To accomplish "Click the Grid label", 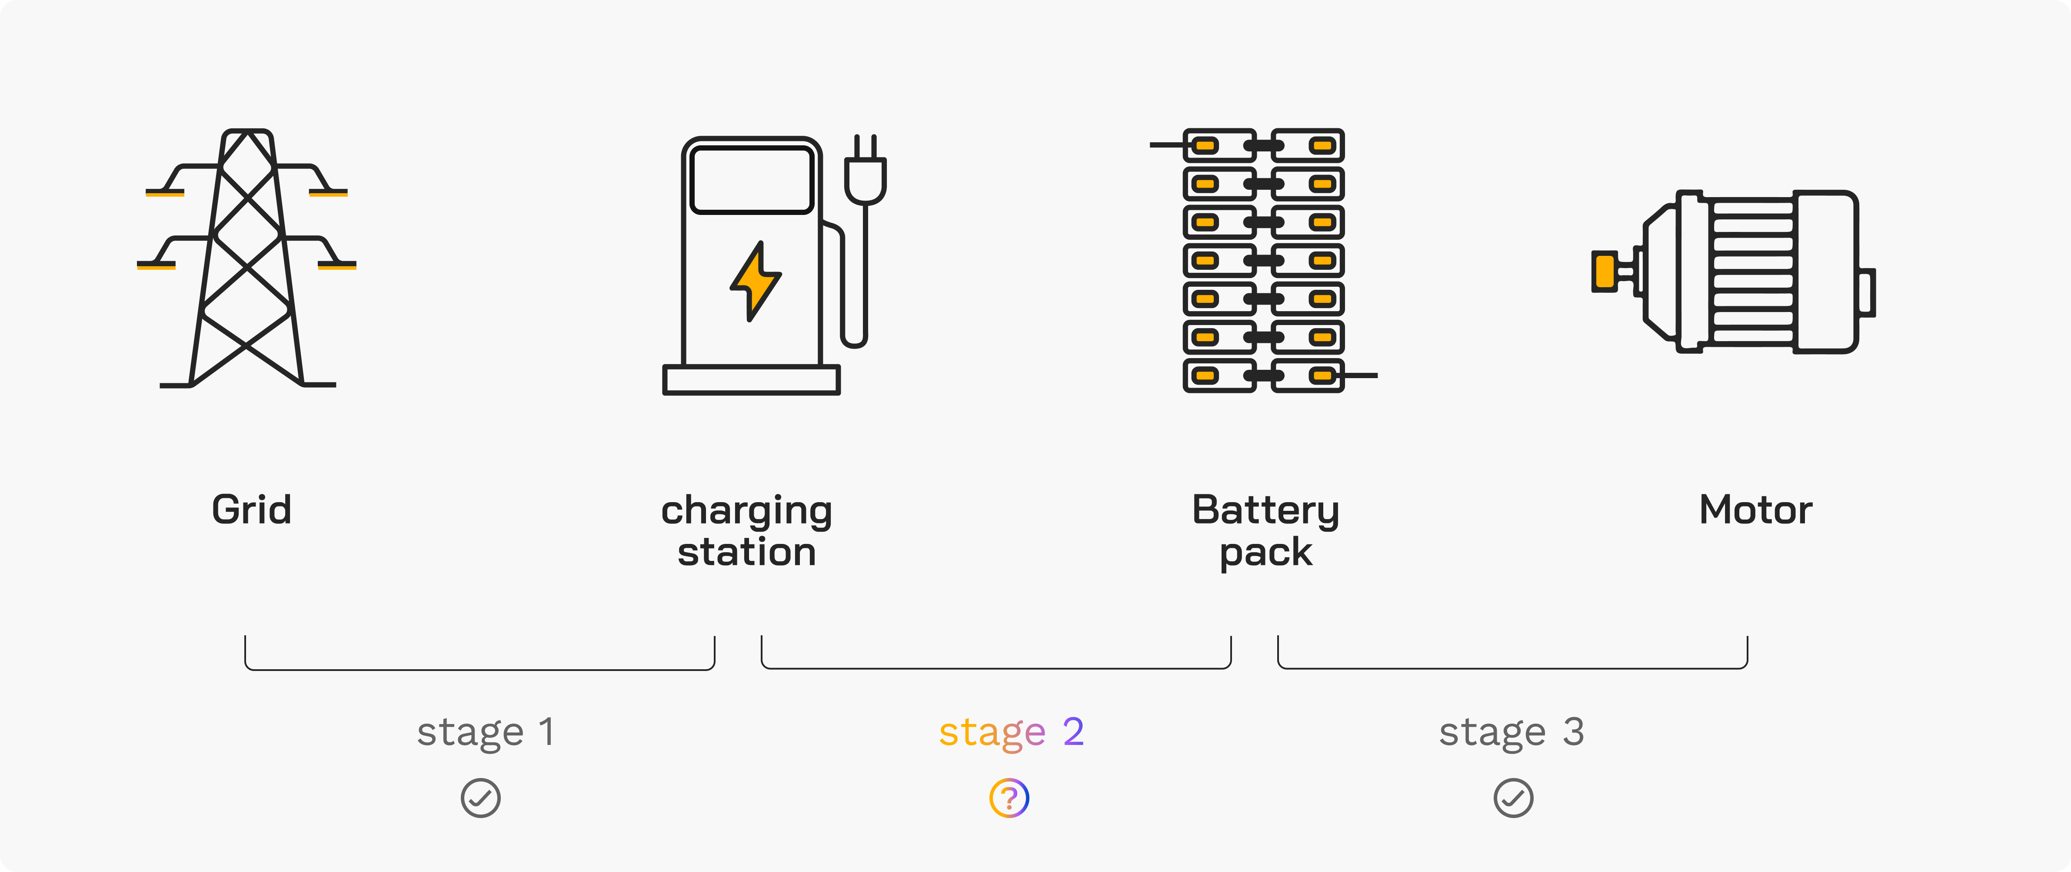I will click(252, 510).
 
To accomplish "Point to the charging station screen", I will click(752, 180).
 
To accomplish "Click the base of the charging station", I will click(751, 380).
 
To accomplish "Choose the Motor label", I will click(1755, 510).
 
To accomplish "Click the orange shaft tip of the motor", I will click(1605, 271).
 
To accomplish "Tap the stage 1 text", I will click(485, 732).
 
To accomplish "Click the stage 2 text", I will click(1011, 732).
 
